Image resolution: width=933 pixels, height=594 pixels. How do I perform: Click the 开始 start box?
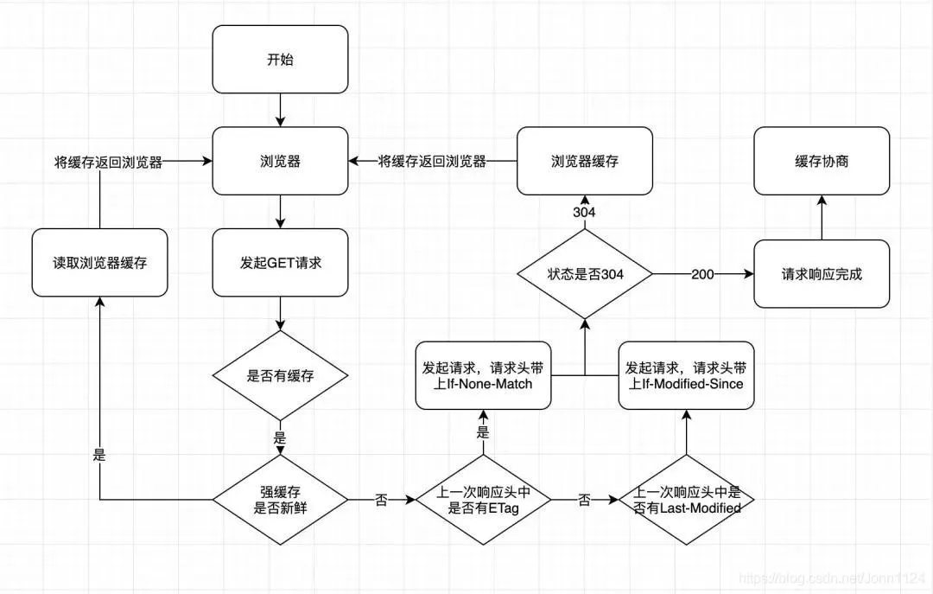280,60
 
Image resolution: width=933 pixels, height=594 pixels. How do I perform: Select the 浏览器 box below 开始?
280,161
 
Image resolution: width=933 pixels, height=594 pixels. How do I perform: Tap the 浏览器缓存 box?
585,161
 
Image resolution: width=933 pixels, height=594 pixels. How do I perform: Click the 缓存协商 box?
821,161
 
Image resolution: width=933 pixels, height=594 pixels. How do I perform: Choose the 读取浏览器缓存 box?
99,263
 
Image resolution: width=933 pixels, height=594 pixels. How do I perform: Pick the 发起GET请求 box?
280,263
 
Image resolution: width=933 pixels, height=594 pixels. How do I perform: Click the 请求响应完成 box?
821,274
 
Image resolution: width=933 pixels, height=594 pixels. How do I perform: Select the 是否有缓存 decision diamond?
280,375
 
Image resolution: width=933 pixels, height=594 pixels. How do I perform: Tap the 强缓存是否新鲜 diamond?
280,500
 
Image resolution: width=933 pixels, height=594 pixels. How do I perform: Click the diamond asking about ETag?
483,500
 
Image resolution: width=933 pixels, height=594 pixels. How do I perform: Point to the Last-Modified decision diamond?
686,501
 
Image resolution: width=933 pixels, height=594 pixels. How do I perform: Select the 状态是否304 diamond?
585,274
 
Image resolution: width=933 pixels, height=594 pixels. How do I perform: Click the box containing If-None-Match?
483,375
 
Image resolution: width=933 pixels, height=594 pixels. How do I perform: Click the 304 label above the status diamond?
585,213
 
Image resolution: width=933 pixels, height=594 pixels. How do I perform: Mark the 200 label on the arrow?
702,274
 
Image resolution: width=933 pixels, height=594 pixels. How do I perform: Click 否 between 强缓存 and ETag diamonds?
381,500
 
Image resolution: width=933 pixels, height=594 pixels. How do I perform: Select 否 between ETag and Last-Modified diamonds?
584,500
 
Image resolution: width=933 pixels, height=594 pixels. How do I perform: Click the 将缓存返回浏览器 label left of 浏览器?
108,162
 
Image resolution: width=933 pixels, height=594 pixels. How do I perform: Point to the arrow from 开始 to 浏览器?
280,110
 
